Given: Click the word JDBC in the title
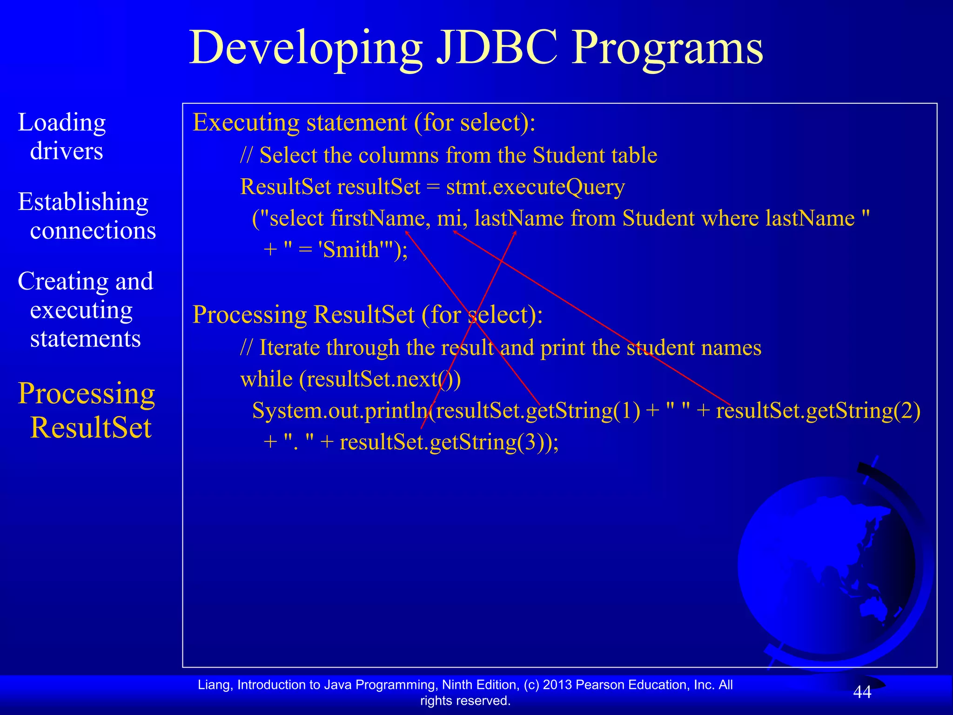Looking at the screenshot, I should (x=497, y=48).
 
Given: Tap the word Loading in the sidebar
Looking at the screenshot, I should (x=62, y=123).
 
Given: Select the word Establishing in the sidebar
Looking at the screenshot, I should (x=83, y=202).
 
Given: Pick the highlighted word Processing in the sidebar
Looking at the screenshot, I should (x=86, y=394).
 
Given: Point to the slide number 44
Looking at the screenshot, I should (x=862, y=692).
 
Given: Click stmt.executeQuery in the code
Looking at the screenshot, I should (x=535, y=187).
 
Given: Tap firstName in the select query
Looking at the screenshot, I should (x=381, y=218).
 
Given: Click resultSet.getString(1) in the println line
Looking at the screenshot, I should (x=537, y=411).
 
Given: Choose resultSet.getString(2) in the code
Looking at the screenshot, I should (x=818, y=411).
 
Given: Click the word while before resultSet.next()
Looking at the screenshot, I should (x=266, y=379).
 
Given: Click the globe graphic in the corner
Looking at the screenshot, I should (x=828, y=566).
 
